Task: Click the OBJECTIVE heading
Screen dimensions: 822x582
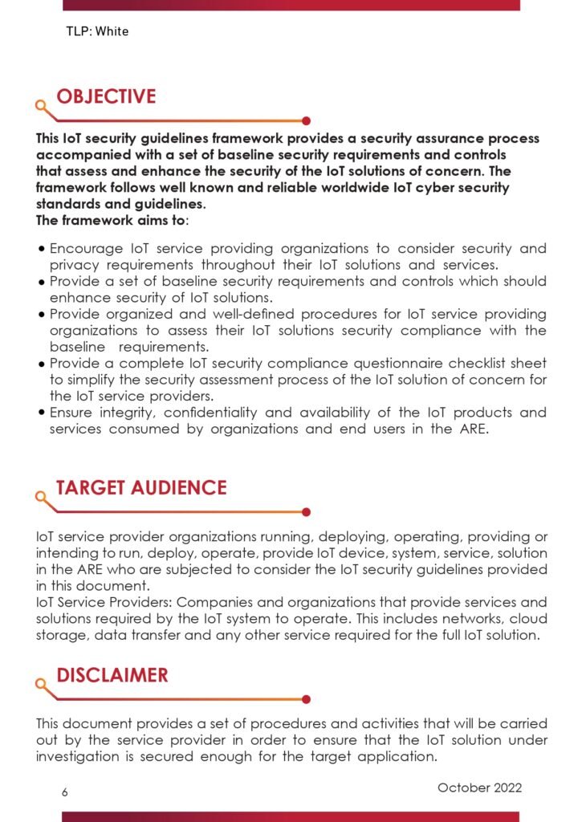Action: click(x=105, y=97)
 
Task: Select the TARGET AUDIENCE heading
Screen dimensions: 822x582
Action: click(x=140, y=487)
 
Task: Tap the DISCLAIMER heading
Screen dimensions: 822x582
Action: click(x=112, y=675)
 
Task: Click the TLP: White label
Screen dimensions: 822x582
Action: click(x=97, y=32)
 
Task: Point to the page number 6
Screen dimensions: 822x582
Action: click(x=65, y=792)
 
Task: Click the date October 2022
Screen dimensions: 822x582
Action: click(x=479, y=787)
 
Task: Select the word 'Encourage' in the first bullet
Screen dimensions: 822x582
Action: click(x=83, y=249)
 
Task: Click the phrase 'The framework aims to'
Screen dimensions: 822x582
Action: click(x=110, y=220)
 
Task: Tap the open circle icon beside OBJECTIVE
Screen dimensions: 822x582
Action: click(x=39, y=104)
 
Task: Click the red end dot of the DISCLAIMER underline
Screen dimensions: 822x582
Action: click(x=306, y=699)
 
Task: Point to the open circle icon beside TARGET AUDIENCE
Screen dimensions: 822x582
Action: click(x=39, y=495)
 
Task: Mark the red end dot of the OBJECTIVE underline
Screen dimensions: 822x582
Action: click(x=306, y=121)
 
